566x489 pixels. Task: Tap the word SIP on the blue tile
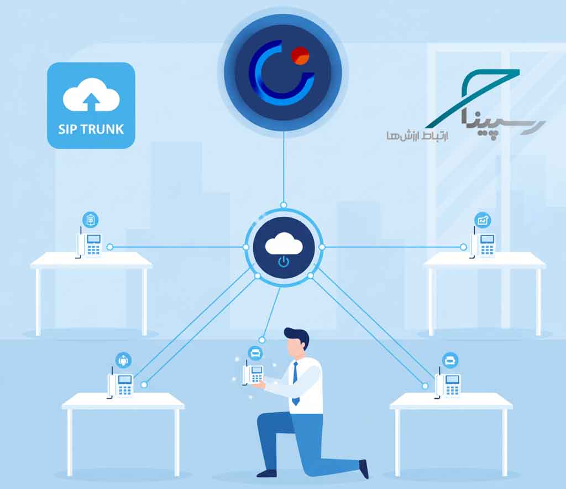click(x=67, y=129)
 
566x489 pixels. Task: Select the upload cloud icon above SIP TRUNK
click(x=91, y=95)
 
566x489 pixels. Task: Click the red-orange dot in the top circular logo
click(x=300, y=56)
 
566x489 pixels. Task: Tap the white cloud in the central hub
click(x=284, y=243)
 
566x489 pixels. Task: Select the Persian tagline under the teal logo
click(x=417, y=136)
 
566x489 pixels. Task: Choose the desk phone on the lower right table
click(x=448, y=382)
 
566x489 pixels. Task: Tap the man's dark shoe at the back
click(x=364, y=469)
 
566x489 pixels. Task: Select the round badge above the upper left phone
click(x=91, y=220)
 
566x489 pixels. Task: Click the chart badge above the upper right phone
click(x=483, y=220)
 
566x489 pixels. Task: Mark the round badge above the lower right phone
click(x=450, y=360)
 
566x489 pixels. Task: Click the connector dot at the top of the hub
click(x=284, y=205)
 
